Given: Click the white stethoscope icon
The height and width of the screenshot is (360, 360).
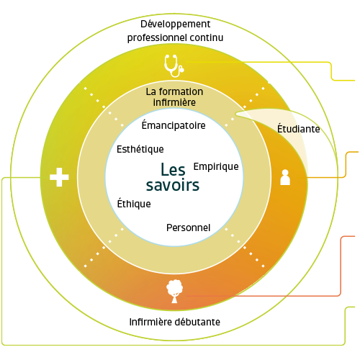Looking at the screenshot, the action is click(x=174, y=66).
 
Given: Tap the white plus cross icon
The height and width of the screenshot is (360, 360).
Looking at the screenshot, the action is click(x=59, y=177).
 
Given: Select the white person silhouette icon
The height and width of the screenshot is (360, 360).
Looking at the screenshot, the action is click(x=285, y=177).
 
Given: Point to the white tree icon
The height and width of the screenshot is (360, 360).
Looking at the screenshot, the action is click(x=174, y=291).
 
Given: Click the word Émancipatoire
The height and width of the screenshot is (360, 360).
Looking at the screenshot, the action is click(x=174, y=125).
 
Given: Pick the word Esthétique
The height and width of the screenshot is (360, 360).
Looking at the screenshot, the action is click(x=140, y=149).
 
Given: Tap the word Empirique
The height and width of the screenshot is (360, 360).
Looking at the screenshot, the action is click(x=216, y=166).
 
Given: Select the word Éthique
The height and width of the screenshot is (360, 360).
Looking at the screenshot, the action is click(x=134, y=204).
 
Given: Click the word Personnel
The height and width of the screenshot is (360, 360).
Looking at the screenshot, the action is click(x=189, y=228).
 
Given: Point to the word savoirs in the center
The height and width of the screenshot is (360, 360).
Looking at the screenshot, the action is click(x=173, y=185).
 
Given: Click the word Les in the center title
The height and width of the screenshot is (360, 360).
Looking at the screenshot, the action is click(x=173, y=169).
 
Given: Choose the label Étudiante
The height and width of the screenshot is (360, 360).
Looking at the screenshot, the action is click(x=299, y=129).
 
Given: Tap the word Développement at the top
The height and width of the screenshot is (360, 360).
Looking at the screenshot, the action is click(x=176, y=24).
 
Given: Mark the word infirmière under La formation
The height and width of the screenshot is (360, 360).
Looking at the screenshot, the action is click(x=174, y=102).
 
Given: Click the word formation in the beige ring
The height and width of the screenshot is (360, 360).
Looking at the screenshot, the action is click(x=181, y=91).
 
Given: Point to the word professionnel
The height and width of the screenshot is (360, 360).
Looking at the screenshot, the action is click(x=157, y=38).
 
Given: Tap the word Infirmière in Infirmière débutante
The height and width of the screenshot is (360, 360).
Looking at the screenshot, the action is click(x=150, y=322).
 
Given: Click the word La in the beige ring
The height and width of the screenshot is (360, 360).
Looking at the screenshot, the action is click(x=151, y=91).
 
